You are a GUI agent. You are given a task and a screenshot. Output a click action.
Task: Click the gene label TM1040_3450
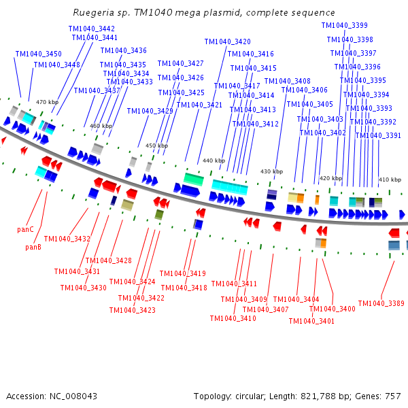tap(38, 54)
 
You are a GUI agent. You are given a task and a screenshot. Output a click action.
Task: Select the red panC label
tap(26, 230)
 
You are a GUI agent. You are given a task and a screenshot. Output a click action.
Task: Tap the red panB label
tap(33, 247)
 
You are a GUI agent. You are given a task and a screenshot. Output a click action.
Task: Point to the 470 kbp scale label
tap(47, 102)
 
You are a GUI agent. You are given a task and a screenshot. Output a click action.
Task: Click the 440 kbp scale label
tap(214, 160)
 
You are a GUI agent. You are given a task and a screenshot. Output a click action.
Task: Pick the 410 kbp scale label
tap(390, 180)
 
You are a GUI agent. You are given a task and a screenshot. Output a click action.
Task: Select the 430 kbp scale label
tap(271, 171)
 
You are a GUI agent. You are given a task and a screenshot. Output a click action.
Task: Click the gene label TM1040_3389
tap(381, 303)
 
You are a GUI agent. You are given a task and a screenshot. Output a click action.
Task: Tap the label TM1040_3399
tap(344, 25)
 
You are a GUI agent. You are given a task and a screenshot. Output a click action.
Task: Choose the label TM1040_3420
tap(228, 41)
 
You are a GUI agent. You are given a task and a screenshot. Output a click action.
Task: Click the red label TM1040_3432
tap(67, 239)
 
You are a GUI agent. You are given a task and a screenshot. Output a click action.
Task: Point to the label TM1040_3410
tap(233, 318)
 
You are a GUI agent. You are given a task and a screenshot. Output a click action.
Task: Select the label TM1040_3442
tap(92, 29)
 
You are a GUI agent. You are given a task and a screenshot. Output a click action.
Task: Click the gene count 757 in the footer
tap(393, 396)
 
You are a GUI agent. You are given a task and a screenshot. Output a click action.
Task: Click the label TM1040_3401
tap(311, 321)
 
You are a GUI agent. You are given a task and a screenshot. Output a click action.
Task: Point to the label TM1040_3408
tap(288, 81)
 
